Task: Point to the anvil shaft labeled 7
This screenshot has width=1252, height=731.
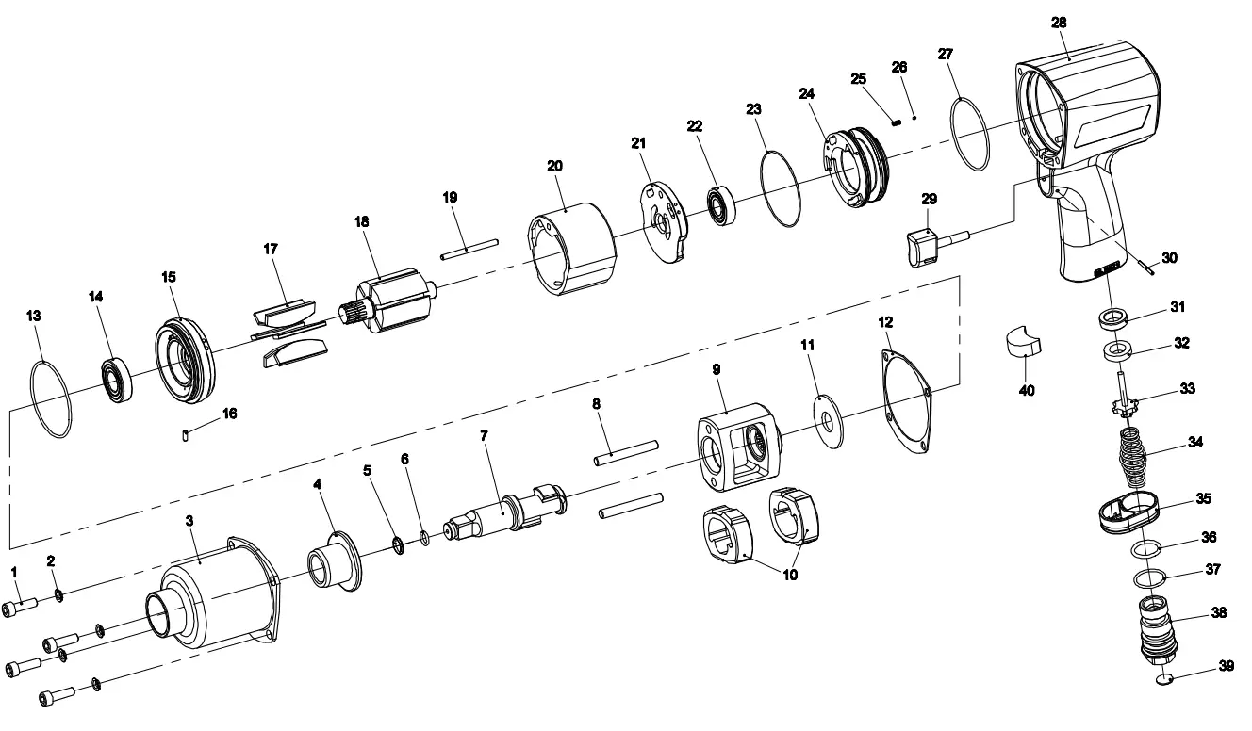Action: click(x=504, y=512)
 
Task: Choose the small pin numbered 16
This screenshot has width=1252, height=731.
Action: click(x=186, y=434)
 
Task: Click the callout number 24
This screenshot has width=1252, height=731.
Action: click(x=806, y=94)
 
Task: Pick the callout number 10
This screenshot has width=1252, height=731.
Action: click(x=790, y=575)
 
